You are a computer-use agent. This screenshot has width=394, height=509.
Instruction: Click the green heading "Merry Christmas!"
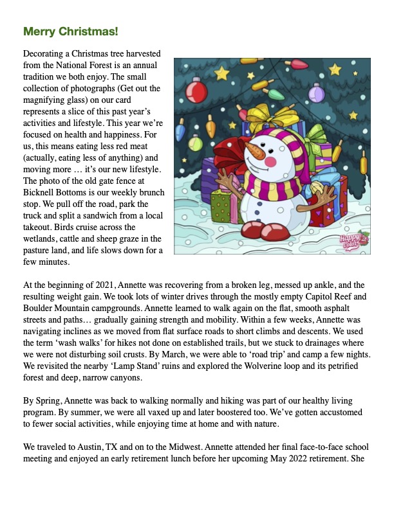click(x=71, y=31)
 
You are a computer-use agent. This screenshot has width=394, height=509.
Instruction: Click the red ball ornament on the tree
click(x=194, y=90)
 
